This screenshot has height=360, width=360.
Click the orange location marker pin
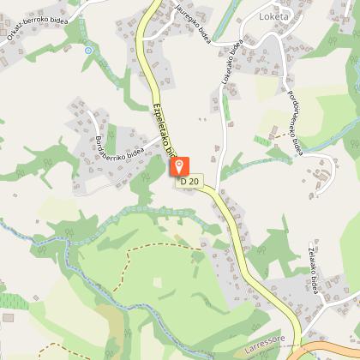pos(178,161)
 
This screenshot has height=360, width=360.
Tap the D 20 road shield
pos(189,181)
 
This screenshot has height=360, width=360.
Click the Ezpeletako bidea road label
pos(163,129)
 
